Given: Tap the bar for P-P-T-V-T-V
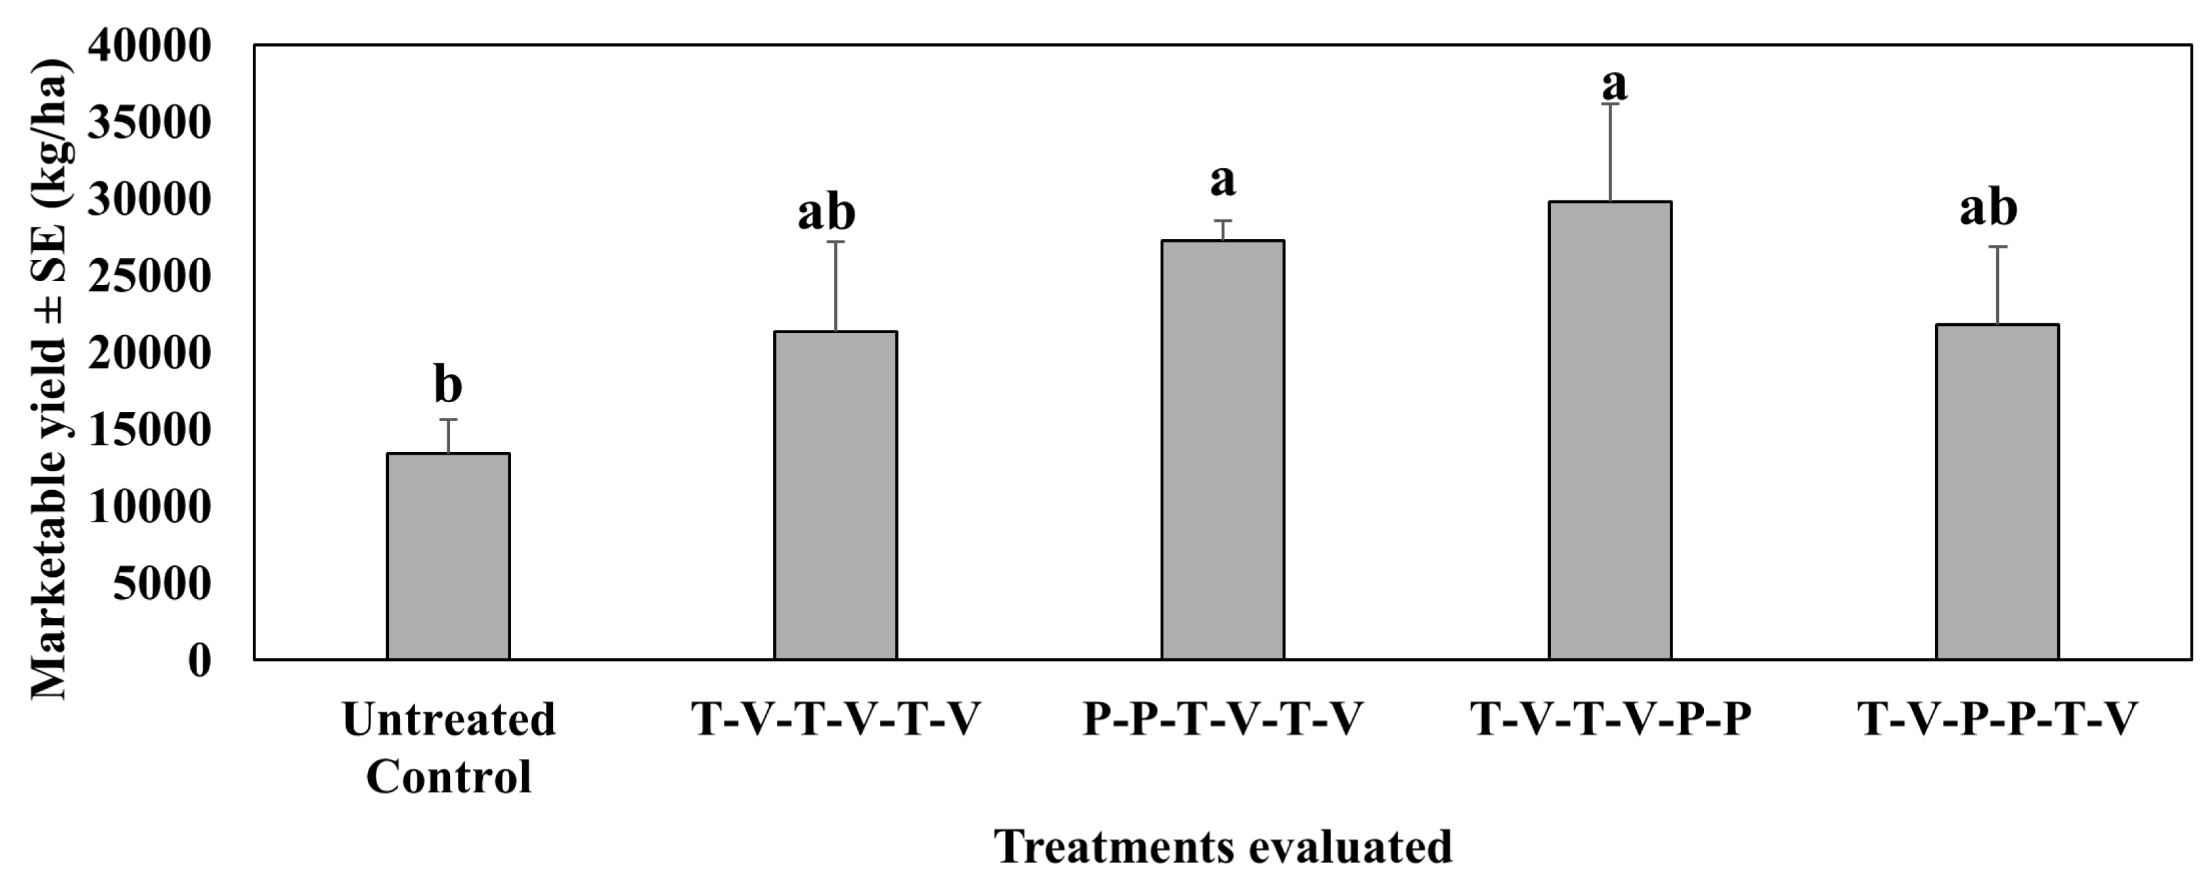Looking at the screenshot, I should (1222, 450).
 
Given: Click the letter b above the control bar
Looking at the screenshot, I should (448, 384).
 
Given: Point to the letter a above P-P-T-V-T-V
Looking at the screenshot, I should (1222, 180).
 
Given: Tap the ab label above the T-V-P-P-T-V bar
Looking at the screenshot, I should (1988, 208).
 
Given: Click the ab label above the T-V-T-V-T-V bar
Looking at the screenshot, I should (826, 212).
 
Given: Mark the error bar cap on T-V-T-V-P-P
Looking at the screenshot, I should (1609, 104).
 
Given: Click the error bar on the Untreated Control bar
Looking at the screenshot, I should (448, 436).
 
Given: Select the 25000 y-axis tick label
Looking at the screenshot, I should (149, 277).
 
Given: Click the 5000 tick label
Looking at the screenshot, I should (162, 583).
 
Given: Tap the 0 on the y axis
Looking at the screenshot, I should (198, 660).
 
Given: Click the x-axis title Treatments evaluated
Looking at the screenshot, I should (1222, 848).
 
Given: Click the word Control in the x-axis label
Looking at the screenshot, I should (448, 776).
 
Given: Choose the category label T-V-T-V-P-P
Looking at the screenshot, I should (1609, 719).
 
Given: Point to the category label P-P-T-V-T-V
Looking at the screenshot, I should (1222, 719).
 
